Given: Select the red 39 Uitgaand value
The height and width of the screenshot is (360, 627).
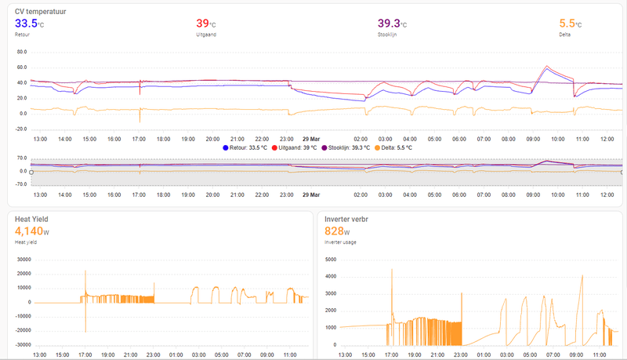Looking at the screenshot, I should (x=202, y=24).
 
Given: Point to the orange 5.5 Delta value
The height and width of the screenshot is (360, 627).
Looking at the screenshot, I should (x=568, y=24).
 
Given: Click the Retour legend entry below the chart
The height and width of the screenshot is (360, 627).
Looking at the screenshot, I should (x=245, y=147).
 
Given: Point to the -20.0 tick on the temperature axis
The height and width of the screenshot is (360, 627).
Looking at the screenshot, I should (x=21, y=128).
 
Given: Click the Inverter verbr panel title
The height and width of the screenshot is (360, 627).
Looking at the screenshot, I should (x=352, y=219).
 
